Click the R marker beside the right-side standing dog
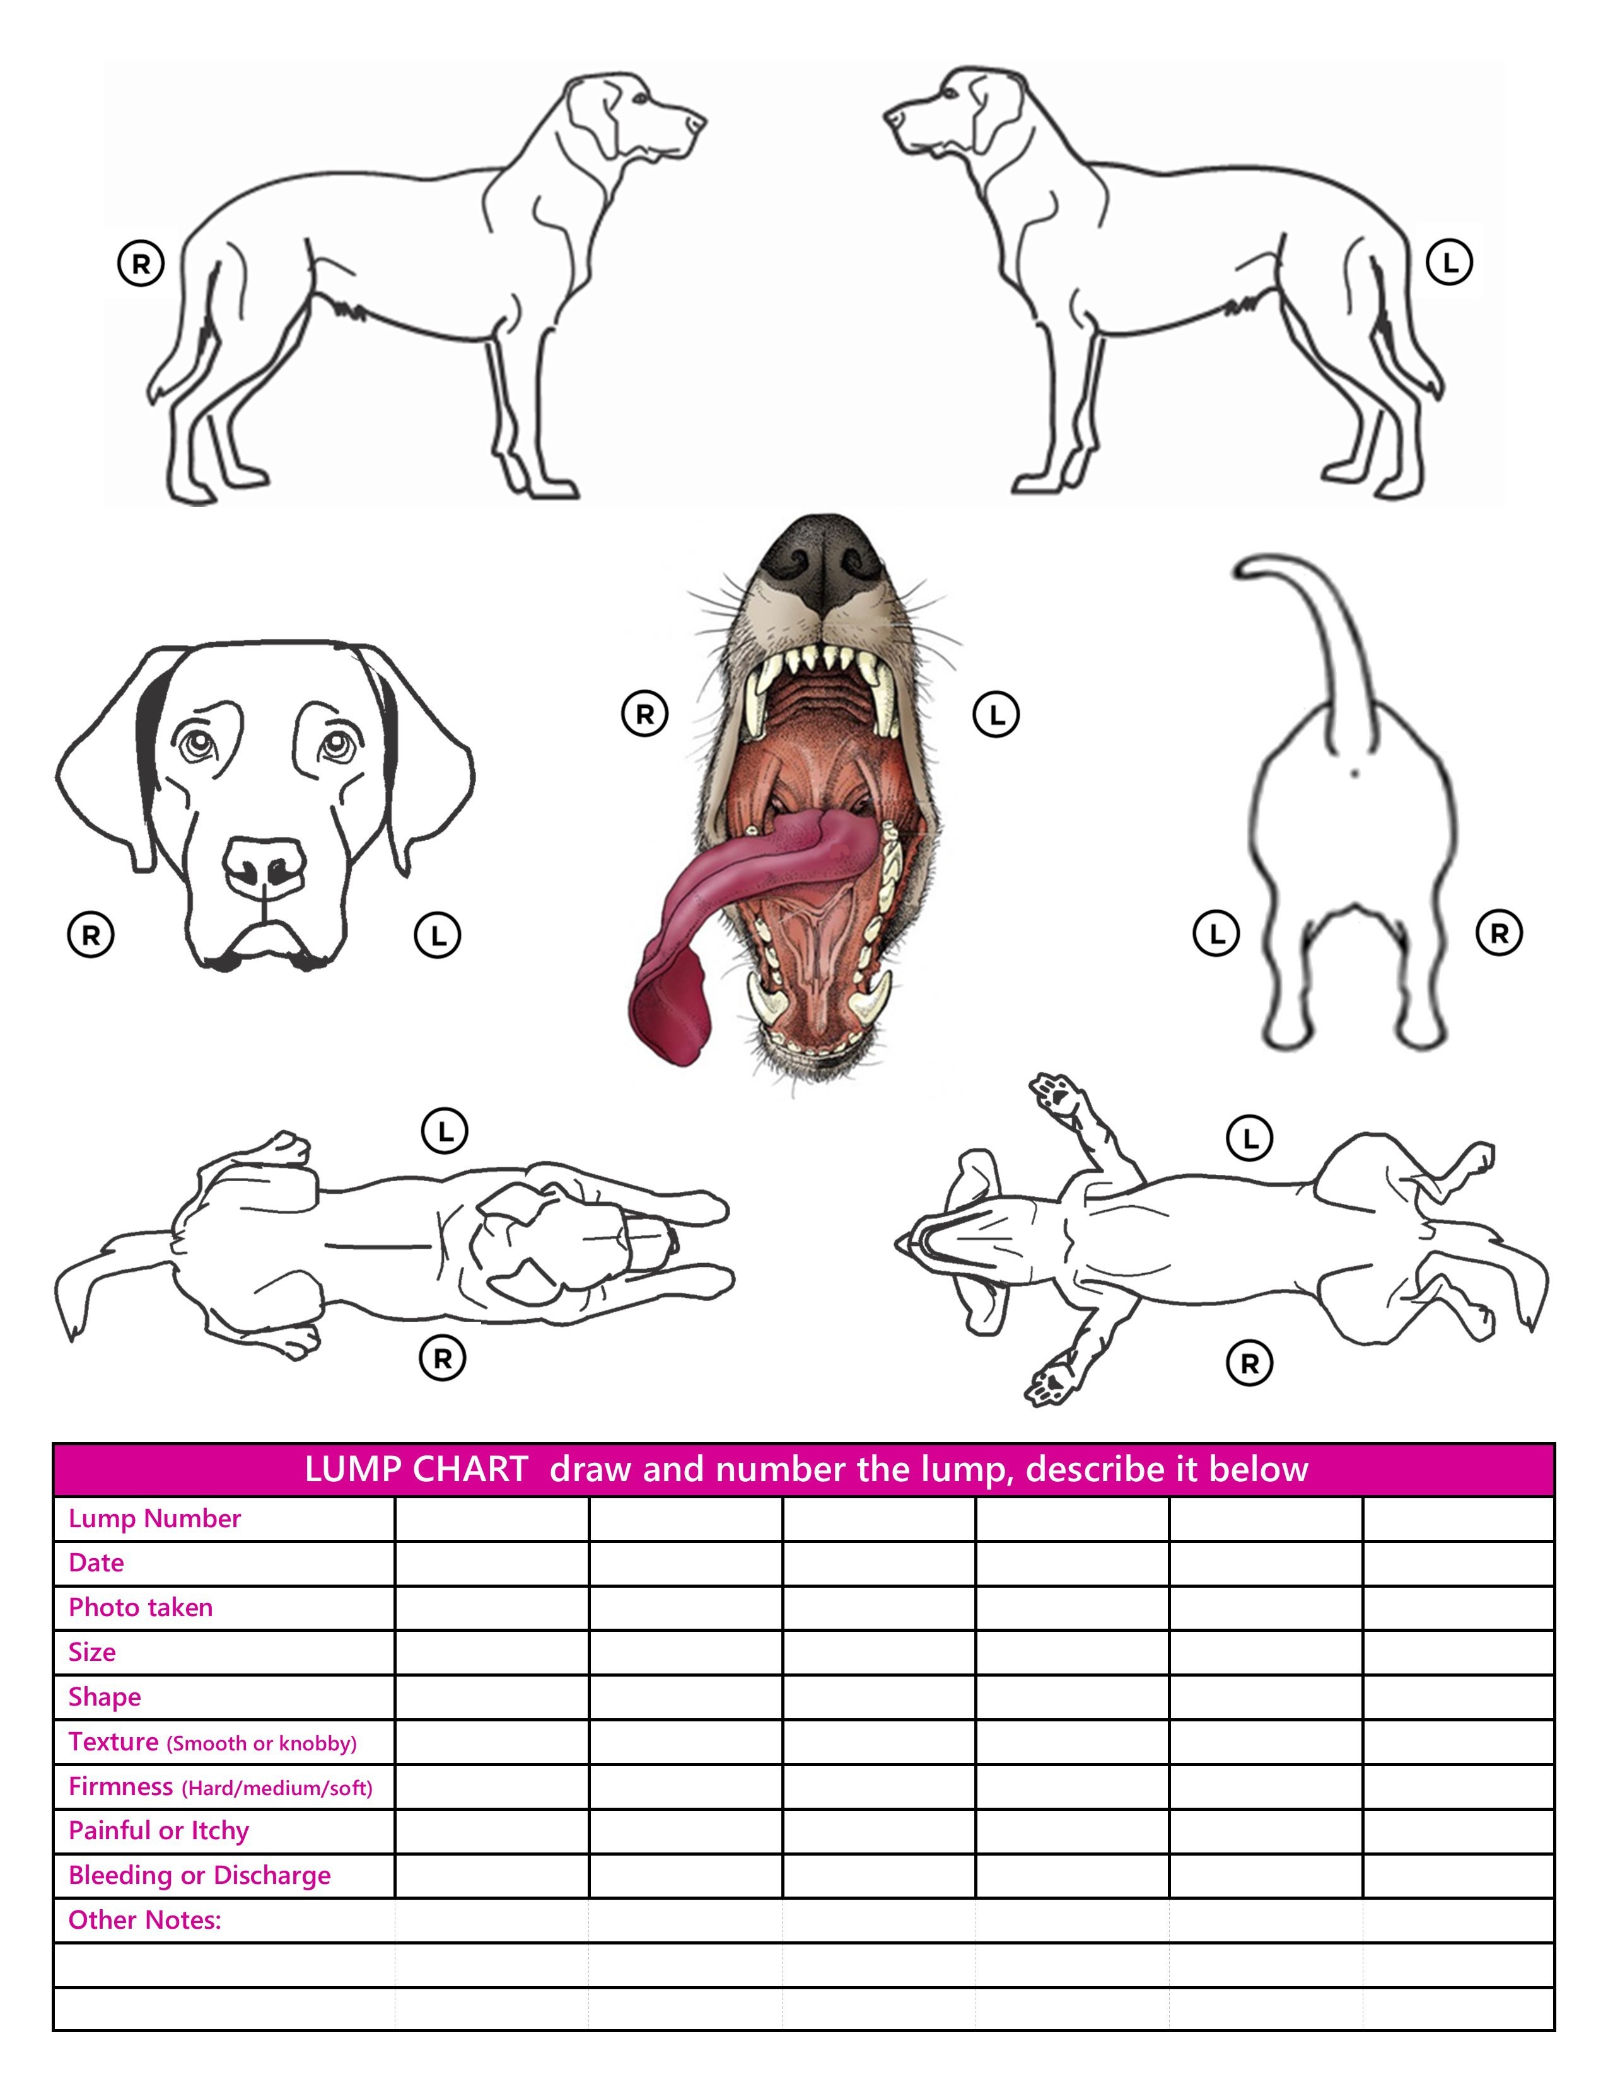pyautogui.click(x=141, y=264)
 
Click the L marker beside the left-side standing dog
pyautogui.click(x=1449, y=262)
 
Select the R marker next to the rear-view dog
pyautogui.click(x=1498, y=933)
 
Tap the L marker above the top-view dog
pyautogui.click(x=444, y=1131)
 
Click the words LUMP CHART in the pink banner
pyautogui.click(x=416, y=1469)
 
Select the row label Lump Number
pyautogui.click(x=154, y=1519)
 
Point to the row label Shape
pyautogui.click(x=105, y=1697)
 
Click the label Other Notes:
pyautogui.click(x=145, y=1920)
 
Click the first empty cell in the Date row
pyautogui.click(x=492, y=1564)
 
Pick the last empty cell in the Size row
pyautogui.click(x=1459, y=1653)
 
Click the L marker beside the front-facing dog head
pyautogui.click(x=437, y=935)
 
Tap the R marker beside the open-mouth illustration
pyautogui.click(x=645, y=714)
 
